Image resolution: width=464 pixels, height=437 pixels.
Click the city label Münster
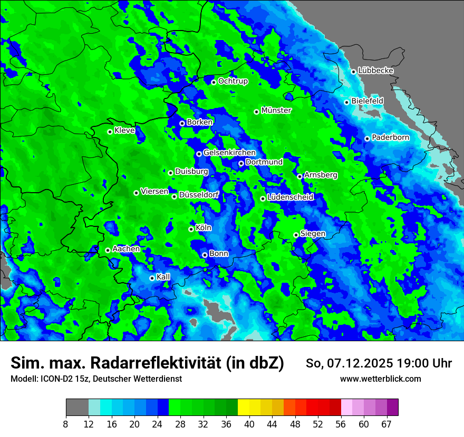point(276,111)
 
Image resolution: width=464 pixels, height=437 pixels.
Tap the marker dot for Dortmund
point(241,163)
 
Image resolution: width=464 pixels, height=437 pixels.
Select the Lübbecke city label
point(375,71)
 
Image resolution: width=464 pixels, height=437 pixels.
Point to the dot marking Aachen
point(108,250)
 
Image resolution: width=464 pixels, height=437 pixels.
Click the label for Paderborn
point(390,137)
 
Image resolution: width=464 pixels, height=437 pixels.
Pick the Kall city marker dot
point(152,278)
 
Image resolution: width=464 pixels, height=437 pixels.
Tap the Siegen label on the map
point(313,234)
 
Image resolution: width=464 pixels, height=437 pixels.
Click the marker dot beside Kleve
point(110,132)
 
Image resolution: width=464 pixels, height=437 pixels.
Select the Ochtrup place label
point(233,81)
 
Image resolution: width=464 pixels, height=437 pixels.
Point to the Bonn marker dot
point(205,255)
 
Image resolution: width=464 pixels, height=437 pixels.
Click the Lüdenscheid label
point(290,197)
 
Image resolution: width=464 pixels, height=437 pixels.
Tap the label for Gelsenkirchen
point(229,153)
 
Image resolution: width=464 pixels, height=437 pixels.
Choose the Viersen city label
point(154,192)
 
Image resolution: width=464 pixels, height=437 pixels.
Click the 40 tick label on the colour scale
point(249,424)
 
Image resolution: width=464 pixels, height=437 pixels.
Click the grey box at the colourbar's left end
point(77,408)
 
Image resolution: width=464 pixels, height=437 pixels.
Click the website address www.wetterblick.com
point(380,379)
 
